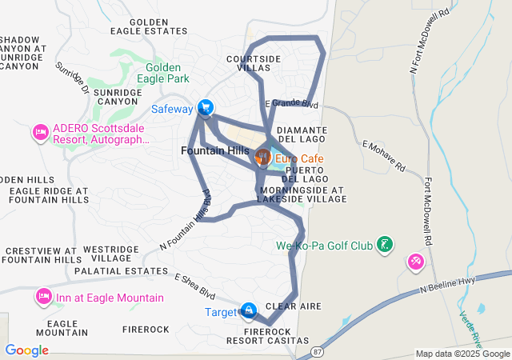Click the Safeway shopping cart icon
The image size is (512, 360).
[x=206, y=107]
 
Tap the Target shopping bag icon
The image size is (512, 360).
[x=249, y=310]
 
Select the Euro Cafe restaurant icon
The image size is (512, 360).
[x=261, y=158]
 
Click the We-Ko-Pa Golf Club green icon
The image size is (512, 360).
[x=385, y=244]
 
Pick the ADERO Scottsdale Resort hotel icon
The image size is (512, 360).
[x=40, y=132]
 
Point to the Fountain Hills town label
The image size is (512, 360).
[x=214, y=151]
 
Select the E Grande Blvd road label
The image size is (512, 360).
[x=292, y=104]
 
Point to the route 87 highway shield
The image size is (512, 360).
[x=318, y=350]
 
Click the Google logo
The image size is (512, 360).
[x=26, y=350]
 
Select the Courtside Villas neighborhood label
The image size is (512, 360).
[x=254, y=64]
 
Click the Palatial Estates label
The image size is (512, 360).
[x=119, y=271]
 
